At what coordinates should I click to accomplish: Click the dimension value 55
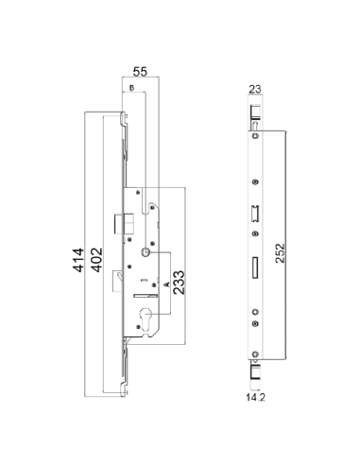point(140,72)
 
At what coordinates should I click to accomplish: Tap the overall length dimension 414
point(78,260)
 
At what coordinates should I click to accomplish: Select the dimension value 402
point(96,260)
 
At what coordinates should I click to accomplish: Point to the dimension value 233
point(179,283)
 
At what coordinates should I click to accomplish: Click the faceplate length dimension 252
point(280,253)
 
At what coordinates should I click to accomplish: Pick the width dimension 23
point(255,89)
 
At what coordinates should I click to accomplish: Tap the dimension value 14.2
point(255,397)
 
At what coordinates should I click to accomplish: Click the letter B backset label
point(132,88)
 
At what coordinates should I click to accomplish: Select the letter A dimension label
point(167,284)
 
